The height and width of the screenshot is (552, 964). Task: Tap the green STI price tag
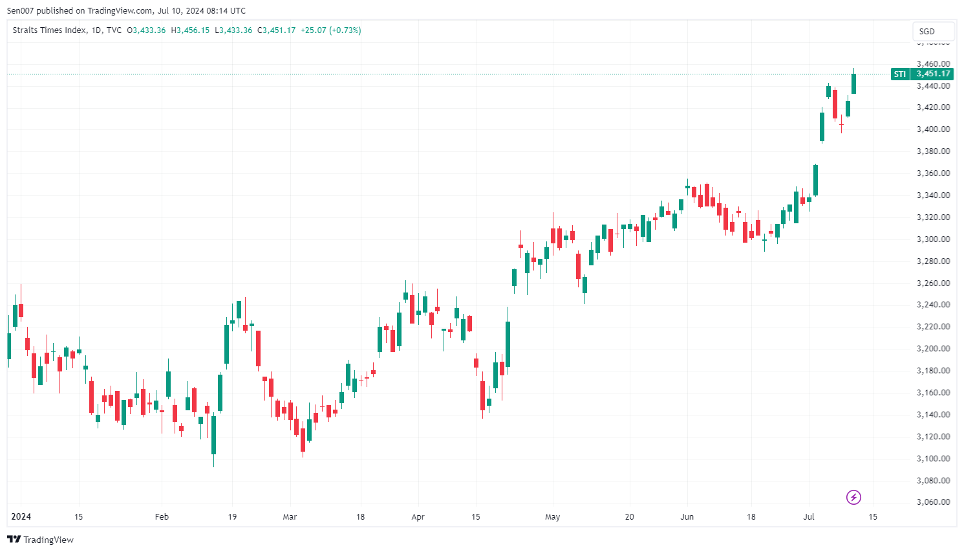899,74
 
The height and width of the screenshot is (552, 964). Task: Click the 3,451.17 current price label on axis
933,74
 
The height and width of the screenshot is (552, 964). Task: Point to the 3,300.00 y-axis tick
933,239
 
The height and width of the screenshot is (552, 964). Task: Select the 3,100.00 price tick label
933,459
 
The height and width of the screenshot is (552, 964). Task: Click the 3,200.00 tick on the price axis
933,349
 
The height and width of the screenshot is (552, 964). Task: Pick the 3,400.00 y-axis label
933,129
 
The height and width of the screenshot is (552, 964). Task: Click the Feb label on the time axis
162,517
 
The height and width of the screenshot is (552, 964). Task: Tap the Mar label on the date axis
290,517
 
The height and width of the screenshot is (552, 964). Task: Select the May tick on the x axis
552,517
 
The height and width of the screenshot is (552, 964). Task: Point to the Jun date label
687,517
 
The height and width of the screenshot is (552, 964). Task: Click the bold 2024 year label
21,517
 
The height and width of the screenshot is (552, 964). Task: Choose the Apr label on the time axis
418,517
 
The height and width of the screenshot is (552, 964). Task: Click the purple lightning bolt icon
853,497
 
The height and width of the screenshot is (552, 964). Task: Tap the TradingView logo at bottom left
40,540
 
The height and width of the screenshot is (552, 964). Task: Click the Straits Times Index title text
49,30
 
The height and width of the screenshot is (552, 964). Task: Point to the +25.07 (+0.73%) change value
330,30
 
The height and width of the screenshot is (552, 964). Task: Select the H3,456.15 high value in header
190,30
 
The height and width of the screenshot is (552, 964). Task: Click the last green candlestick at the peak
853,83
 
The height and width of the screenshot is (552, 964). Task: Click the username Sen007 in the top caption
20,10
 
